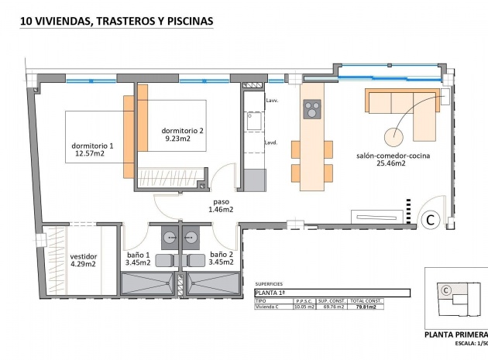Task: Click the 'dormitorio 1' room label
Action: point(91,145)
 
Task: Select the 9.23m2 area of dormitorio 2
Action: point(183,139)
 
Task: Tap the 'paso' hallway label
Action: point(221,199)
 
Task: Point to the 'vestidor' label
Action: point(83,255)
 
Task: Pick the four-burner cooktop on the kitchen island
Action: point(311,110)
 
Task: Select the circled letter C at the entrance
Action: point(431,220)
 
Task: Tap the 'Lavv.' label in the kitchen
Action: point(272,101)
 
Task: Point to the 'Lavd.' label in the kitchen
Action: point(272,142)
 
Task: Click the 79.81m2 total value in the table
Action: point(366,307)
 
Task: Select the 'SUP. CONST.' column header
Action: point(335,302)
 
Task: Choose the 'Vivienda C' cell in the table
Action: point(268,307)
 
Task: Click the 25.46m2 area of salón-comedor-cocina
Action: point(392,163)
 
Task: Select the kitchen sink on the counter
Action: point(253,122)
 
